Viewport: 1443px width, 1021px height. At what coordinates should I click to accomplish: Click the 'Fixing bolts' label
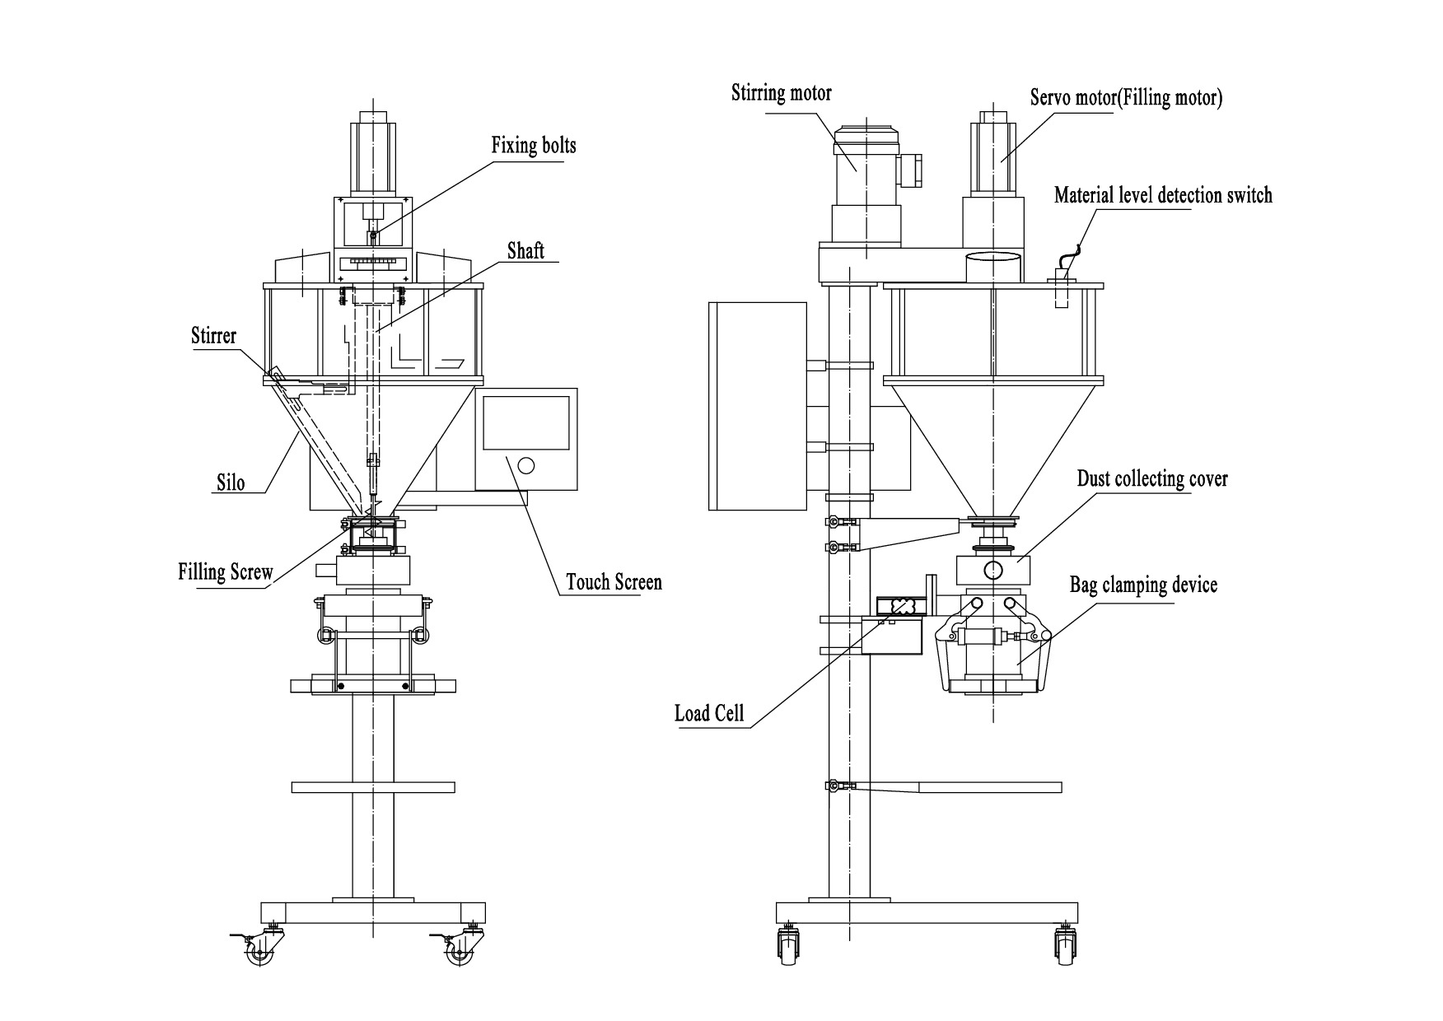pyautogui.click(x=533, y=147)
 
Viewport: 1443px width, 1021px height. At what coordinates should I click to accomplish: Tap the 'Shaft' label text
pyautogui.click(x=525, y=250)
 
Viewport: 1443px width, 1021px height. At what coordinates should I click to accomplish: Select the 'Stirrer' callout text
pyautogui.click(x=213, y=335)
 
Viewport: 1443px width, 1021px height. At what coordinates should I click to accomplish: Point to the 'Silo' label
pyautogui.click(x=231, y=482)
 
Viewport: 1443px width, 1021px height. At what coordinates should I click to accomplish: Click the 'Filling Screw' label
pyautogui.click(x=225, y=571)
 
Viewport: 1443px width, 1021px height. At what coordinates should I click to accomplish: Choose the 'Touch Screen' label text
pyautogui.click(x=614, y=582)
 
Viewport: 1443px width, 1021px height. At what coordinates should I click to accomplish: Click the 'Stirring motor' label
pyautogui.click(x=781, y=93)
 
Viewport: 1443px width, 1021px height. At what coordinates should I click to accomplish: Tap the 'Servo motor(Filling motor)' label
pyautogui.click(x=1126, y=97)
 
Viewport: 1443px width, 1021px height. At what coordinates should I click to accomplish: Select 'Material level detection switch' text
pyautogui.click(x=1163, y=195)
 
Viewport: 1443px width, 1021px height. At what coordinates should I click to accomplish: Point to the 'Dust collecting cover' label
pyautogui.click(x=1151, y=478)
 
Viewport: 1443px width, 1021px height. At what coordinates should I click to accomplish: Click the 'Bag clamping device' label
pyautogui.click(x=1143, y=585)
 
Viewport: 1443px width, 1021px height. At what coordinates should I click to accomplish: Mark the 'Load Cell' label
pyautogui.click(x=708, y=712)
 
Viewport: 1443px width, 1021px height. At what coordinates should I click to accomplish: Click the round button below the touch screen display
pyautogui.click(x=525, y=466)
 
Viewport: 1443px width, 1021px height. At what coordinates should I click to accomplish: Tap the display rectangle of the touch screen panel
pyautogui.click(x=525, y=422)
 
